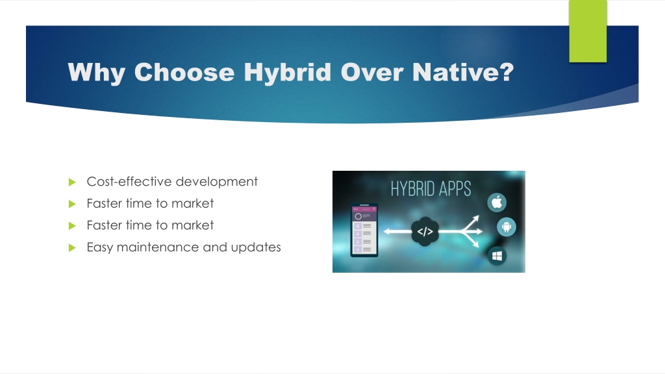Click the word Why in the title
(96, 73)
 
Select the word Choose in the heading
(184, 72)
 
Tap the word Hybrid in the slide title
(287, 73)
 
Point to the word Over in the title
(371, 72)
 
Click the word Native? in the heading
(463, 72)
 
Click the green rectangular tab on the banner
(588, 31)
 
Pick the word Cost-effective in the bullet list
(129, 182)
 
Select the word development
(216, 182)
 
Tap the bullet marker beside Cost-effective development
(72, 182)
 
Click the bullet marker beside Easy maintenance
(72, 247)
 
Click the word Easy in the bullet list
(99, 247)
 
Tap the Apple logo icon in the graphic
(497, 203)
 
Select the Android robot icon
(507, 227)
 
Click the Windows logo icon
(497, 256)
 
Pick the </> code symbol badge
(425, 232)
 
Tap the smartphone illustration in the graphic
(364, 231)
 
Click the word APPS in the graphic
(455, 189)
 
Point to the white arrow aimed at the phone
(397, 232)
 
